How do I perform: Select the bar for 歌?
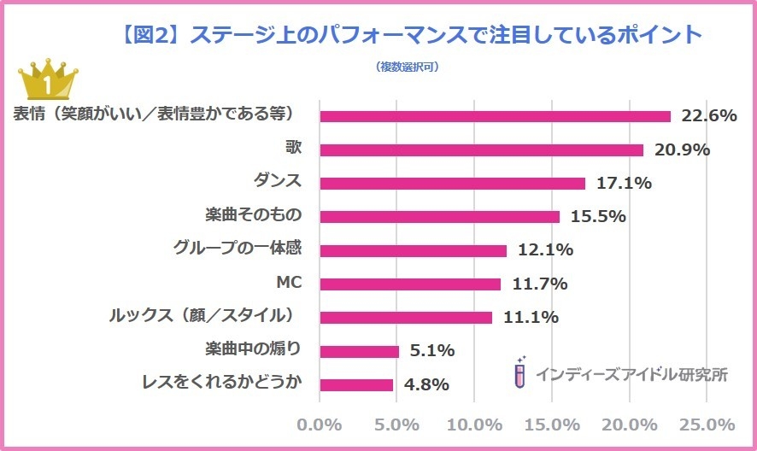click(481, 150)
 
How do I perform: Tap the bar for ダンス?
click(452, 184)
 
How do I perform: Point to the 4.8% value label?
click(427, 384)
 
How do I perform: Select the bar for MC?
click(410, 284)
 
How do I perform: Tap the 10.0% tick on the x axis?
click(474, 425)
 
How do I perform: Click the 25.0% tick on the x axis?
click(707, 425)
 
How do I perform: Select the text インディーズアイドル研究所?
click(631, 374)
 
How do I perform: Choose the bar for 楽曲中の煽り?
click(359, 351)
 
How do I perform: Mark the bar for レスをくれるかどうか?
click(356, 384)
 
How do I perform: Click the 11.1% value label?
click(529, 318)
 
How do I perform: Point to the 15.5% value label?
click(597, 217)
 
